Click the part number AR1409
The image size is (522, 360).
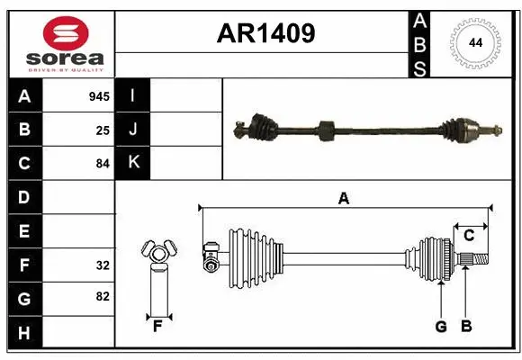tap(265, 33)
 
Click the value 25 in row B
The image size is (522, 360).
tap(103, 130)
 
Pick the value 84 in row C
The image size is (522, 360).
tap(103, 165)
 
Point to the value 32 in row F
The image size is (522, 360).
tap(103, 266)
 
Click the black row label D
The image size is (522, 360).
tap(24, 198)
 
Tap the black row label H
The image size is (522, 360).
tap(24, 334)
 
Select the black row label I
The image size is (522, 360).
tap(133, 96)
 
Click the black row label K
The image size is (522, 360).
tap(133, 164)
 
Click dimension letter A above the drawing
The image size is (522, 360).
tap(343, 199)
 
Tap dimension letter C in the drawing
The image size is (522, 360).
tap(469, 236)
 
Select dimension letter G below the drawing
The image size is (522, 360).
tap(441, 327)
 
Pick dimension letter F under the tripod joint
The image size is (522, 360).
tap(157, 326)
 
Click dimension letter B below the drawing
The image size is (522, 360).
tap(465, 327)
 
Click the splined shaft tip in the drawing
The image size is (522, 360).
tap(476, 260)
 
